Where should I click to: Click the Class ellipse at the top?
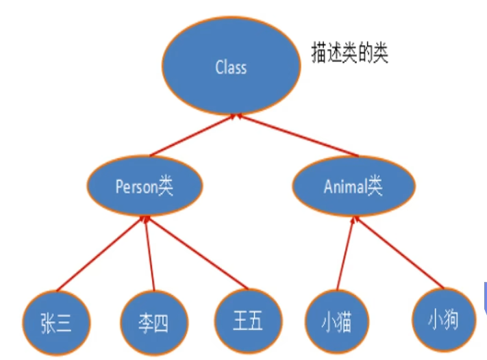tap(231, 67)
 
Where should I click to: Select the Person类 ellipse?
tap(143, 186)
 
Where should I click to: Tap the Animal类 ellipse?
tap(353, 186)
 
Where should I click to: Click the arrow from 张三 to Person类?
tap(100, 253)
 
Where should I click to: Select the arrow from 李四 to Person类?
tap(150, 253)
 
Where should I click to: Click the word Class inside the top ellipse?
tap(231, 67)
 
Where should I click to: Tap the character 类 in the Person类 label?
tap(165, 186)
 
